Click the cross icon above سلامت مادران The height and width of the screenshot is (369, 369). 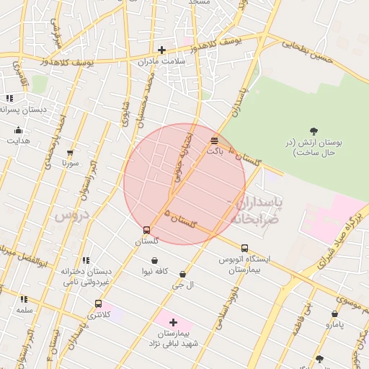coord(161,50)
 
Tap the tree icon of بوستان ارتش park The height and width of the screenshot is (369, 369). coord(313,130)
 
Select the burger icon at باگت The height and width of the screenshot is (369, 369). coord(214,140)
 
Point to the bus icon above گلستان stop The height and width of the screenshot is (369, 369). coord(147,230)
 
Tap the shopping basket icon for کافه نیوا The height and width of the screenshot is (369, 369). coord(154,260)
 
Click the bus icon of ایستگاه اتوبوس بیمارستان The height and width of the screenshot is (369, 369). coord(244,247)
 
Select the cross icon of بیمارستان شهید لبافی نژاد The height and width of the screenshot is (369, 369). coord(173,322)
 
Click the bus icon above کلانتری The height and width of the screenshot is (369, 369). coord(98,304)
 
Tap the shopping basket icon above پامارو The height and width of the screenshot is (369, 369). coord(334,314)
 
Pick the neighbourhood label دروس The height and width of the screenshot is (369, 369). coord(71,215)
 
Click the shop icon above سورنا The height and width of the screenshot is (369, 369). coord(70,152)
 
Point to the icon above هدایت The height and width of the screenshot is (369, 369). coord(19,130)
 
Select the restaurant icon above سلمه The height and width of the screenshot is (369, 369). coord(24,298)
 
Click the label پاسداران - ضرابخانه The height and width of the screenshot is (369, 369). coord(256,210)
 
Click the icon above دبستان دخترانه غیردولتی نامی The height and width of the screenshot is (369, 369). coord(86,260)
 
